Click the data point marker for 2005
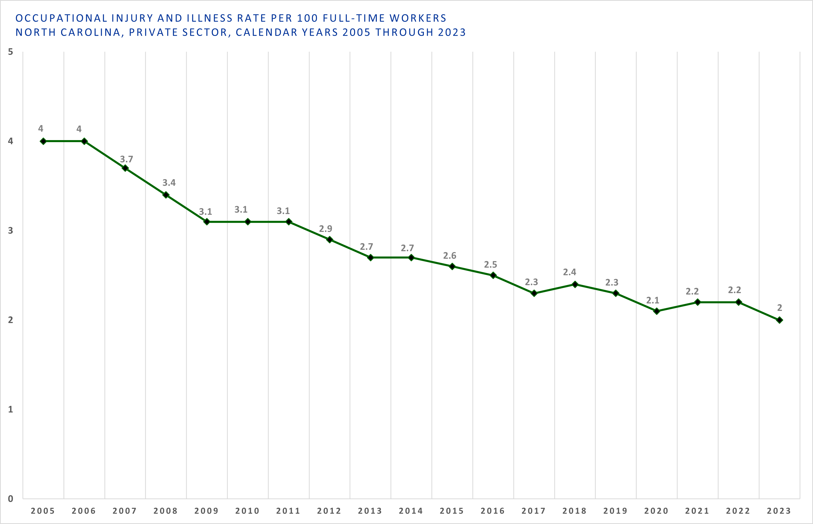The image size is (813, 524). [x=43, y=141]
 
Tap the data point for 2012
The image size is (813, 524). [x=330, y=239]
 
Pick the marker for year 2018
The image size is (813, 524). [x=575, y=285]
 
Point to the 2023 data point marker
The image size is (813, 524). [x=780, y=320]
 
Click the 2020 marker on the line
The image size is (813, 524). [x=657, y=311]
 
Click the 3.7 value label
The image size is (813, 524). [x=127, y=159]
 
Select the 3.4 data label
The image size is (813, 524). [x=169, y=183]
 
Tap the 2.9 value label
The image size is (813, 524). [x=326, y=229]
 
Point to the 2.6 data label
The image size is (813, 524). [x=450, y=255]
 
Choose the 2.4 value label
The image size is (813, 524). [x=570, y=272]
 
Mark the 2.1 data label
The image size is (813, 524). [x=653, y=300]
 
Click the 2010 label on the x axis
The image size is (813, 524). [x=247, y=511]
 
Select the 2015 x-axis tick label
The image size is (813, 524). [x=452, y=511]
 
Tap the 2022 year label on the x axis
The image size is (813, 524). [x=738, y=511]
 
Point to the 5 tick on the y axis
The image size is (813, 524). [x=11, y=52]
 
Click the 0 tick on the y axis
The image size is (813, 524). [x=11, y=499]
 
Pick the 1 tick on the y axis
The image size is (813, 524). [x=11, y=409]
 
